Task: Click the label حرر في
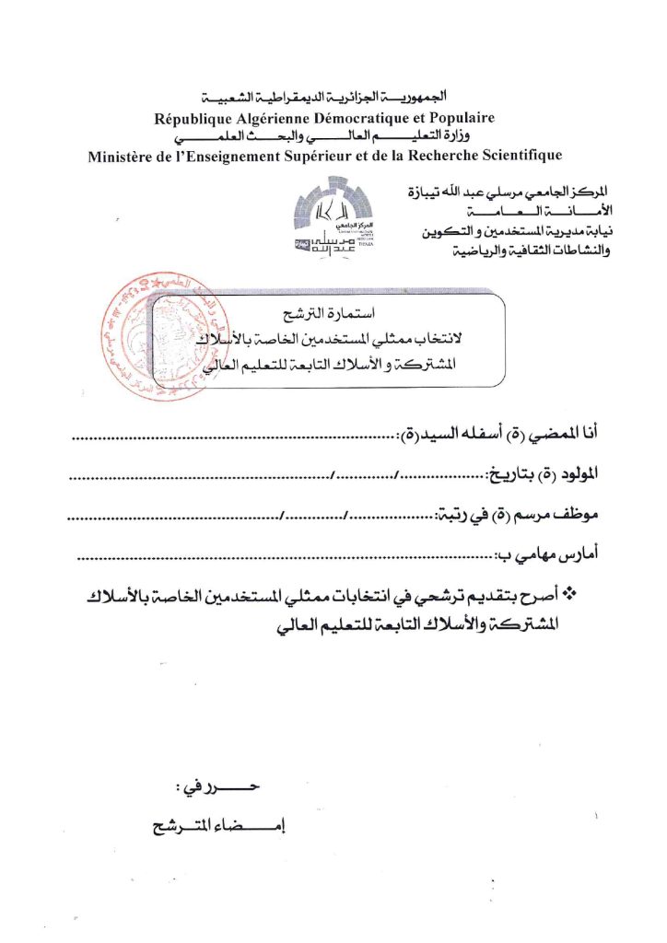[x=221, y=790]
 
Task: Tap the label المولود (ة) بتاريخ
[x=545, y=474]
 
